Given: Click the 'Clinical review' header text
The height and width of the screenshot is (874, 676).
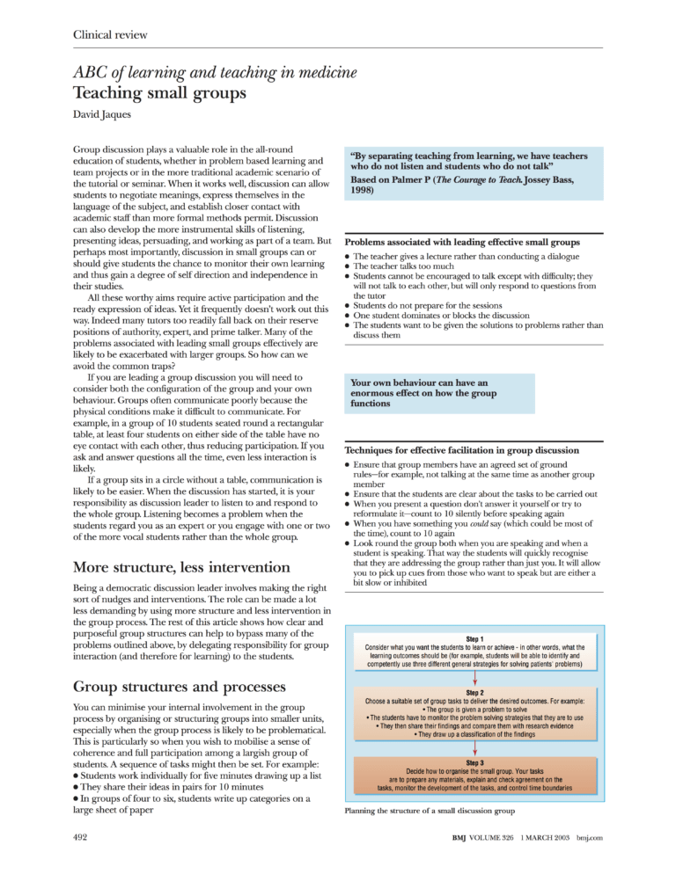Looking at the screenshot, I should click(110, 35).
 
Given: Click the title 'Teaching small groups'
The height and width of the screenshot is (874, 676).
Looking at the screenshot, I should click(159, 91).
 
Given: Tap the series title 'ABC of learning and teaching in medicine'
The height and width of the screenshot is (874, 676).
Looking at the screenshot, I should click(216, 71).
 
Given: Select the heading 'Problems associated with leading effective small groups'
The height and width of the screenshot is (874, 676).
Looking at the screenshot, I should click(462, 241).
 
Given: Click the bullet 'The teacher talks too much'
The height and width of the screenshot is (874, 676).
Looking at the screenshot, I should click(404, 266).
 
